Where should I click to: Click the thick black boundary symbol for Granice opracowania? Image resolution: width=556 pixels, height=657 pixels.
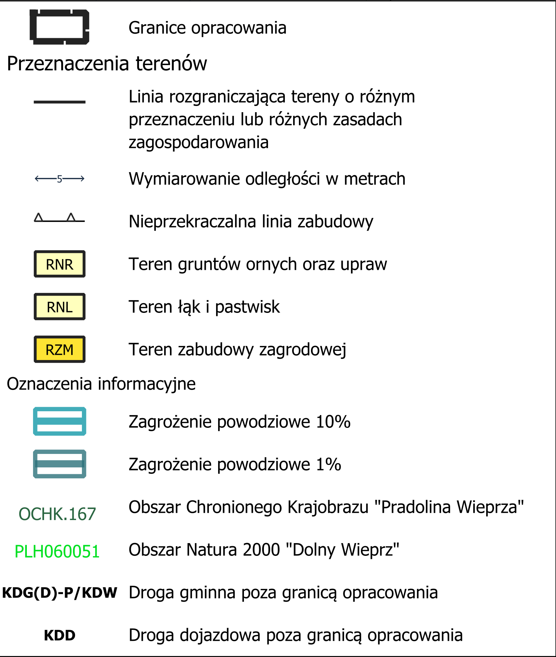(59, 27)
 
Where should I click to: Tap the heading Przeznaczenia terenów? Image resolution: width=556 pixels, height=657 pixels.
(107, 64)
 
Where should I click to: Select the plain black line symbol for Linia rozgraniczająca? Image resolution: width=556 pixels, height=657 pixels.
(59, 102)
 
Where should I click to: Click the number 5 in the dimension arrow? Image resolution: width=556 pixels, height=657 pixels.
(60, 179)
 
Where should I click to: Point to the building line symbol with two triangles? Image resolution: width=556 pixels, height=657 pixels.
(59, 218)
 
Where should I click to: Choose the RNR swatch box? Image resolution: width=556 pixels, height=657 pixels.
(60, 264)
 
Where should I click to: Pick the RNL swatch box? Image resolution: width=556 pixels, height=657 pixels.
(60, 307)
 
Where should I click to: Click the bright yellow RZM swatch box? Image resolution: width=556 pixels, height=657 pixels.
(60, 350)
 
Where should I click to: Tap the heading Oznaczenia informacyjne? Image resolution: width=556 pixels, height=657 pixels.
(101, 384)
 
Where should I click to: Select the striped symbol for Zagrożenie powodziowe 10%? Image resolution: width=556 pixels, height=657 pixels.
(60, 421)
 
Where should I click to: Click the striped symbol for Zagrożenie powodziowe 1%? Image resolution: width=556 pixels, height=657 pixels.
(60, 464)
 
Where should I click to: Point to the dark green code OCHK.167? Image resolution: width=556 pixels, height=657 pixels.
(57, 514)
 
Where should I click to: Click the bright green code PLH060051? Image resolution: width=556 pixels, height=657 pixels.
(57, 551)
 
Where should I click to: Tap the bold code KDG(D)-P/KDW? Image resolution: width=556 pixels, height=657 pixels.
(60, 593)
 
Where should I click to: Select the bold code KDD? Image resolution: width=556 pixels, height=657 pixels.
(60, 635)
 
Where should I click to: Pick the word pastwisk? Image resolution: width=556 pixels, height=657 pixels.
(247, 307)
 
